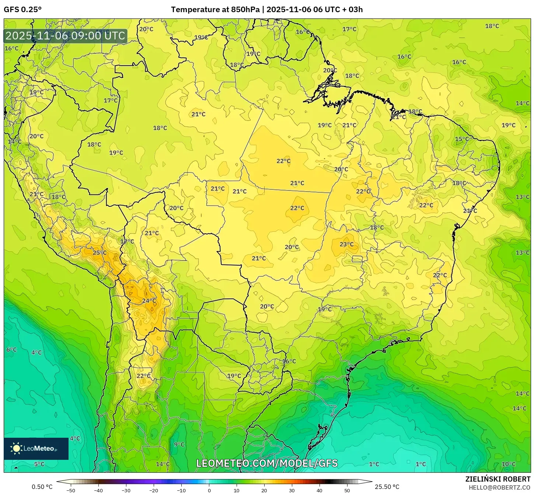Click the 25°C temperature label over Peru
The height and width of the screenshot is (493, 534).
[x=100, y=253]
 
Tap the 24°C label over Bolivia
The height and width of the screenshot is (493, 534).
[x=149, y=301]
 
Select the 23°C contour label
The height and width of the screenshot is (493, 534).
[x=346, y=244]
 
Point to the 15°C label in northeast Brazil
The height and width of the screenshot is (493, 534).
[x=462, y=139]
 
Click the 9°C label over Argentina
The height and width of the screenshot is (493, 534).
[x=179, y=444]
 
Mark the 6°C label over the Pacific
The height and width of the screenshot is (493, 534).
[x=11, y=349]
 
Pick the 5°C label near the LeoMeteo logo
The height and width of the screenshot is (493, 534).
[x=39, y=464]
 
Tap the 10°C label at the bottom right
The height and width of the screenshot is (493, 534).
[x=509, y=464]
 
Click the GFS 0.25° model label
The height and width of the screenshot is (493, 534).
[x=23, y=10]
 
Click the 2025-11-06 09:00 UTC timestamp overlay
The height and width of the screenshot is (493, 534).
[x=66, y=36]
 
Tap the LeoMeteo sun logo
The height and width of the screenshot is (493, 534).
[x=16, y=448]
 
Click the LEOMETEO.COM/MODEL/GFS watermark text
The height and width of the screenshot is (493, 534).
[x=267, y=463]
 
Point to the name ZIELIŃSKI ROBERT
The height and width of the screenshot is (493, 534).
[x=498, y=479]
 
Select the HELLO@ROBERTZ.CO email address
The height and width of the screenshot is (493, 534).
[x=499, y=487]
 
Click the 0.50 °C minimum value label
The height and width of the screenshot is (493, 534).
[x=42, y=487]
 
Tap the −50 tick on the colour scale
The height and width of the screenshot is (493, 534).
[x=70, y=490]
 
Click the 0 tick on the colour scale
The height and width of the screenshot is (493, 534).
[x=209, y=490]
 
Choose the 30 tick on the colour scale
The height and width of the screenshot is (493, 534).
[x=292, y=490]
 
